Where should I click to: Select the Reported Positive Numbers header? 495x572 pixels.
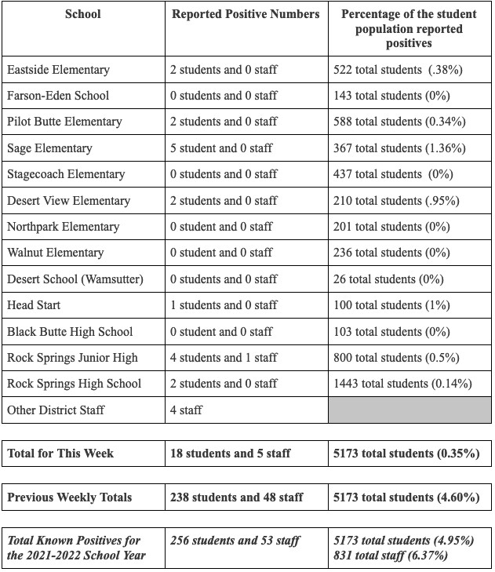[246, 14]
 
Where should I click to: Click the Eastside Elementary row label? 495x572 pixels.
[58, 70]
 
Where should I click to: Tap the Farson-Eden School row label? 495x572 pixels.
[58, 96]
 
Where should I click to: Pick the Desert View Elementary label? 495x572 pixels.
[68, 201]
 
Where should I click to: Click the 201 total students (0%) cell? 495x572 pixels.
[392, 227]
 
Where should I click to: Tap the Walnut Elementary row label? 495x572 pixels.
[55, 253]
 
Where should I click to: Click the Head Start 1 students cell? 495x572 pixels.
[224, 305]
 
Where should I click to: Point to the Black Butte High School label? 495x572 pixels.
[70, 332]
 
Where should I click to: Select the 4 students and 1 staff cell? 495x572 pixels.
[224, 358]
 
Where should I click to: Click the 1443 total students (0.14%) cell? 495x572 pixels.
[403, 384]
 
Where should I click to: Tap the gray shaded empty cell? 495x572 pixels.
[410, 410]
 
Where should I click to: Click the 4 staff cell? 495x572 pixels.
[186, 410]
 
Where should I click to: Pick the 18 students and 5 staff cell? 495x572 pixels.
[231, 454]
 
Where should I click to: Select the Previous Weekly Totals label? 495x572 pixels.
[70, 497]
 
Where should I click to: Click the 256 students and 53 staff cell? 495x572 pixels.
[235, 541]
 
